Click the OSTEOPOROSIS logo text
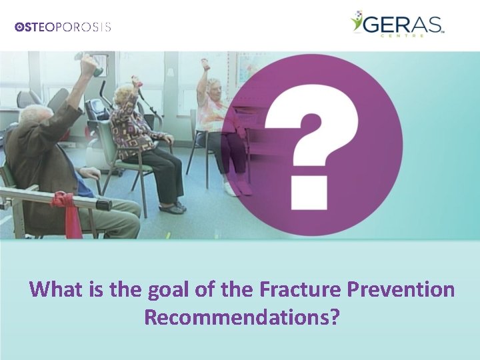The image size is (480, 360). [63, 27]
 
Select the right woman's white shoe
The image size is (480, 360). [229, 189]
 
